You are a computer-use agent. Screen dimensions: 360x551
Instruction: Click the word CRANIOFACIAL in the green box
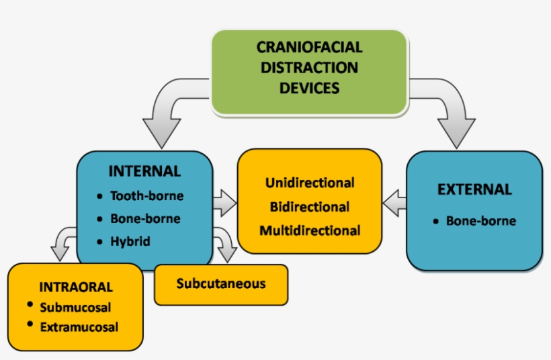click(x=309, y=48)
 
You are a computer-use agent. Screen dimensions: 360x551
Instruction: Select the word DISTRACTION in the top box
click(x=309, y=68)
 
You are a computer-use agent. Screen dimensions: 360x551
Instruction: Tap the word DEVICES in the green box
click(x=309, y=88)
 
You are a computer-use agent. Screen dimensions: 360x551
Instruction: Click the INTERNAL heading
click(x=144, y=171)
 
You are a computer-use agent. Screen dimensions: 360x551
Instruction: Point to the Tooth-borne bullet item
click(x=146, y=196)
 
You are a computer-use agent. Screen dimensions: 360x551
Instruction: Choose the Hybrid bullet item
click(x=130, y=241)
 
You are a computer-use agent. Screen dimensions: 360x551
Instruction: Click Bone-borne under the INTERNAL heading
click(x=145, y=219)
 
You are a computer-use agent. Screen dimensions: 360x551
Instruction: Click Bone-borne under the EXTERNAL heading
click(x=481, y=220)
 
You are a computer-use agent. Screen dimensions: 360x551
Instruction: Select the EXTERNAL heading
click(x=474, y=189)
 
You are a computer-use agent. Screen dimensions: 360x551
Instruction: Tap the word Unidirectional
click(x=310, y=183)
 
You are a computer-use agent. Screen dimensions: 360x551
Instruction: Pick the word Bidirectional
click(x=310, y=207)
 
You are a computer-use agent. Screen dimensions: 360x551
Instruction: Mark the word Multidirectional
click(x=310, y=230)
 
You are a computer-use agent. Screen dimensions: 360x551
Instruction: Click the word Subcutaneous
click(x=221, y=283)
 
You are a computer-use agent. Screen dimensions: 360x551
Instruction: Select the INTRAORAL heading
click(x=76, y=287)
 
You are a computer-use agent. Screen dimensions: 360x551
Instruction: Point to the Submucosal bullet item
click(x=75, y=308)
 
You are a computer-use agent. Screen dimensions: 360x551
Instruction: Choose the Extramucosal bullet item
click(x=79, y=328)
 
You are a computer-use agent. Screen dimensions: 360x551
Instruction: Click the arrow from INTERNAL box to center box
click(x=224, y=201)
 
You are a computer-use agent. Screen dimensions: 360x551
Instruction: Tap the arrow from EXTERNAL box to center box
click(x=395, y=202)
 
